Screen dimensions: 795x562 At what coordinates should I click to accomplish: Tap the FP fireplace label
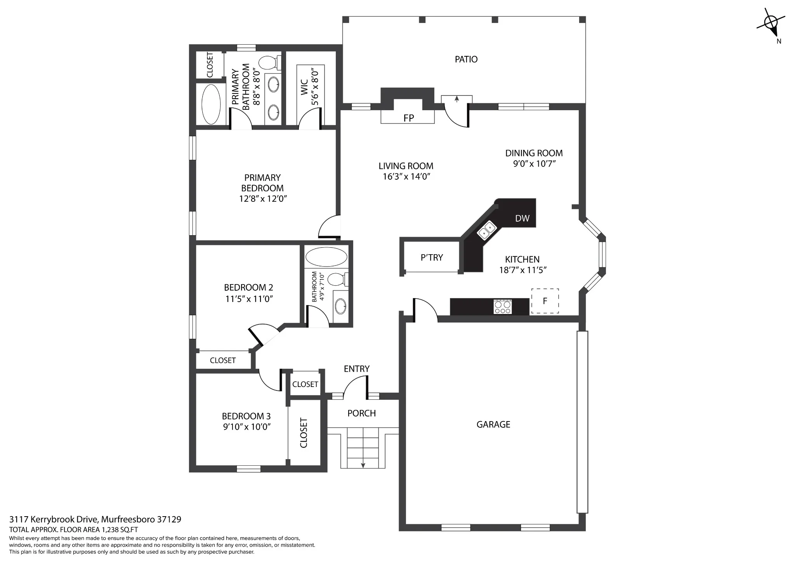coord(408,118)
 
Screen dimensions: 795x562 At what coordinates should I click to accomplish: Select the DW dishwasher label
coord(522,219)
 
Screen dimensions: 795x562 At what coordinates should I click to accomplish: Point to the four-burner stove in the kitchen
coord(503,307)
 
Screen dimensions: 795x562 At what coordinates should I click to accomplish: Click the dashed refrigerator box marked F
coord(545,301)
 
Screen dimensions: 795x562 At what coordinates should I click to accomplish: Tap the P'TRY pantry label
coord(432,258)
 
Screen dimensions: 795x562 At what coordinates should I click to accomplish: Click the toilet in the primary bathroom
coord(270,62)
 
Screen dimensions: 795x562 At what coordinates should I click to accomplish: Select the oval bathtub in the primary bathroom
coord(211,104)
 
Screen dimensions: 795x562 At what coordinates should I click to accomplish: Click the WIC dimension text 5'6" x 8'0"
coord(315,87)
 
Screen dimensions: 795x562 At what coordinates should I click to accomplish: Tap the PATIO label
coord(466,59)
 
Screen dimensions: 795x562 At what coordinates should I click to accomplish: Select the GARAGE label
coord(493,425)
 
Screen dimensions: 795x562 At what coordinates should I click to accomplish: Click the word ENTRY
coord(357,369)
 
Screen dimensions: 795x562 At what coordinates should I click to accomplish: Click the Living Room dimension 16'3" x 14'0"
coord(406,177)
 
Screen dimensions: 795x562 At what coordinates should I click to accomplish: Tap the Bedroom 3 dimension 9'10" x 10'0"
coord(246,427)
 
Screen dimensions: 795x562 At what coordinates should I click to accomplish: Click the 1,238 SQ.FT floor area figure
coord(120,530)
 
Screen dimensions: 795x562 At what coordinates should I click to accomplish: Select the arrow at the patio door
coord(457,99)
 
